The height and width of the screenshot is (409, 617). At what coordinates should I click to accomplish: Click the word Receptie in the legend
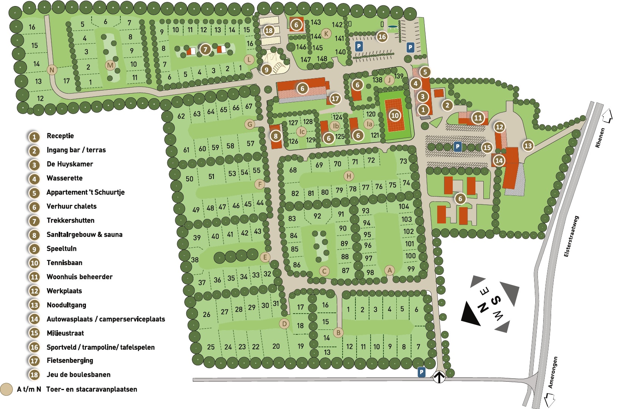point(60,136)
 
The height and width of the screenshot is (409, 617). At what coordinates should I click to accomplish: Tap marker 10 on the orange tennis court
point(395,116)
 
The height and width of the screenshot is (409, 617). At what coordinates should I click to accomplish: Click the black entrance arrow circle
point(439,377)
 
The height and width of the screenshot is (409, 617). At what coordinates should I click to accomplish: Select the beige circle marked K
point(326,33)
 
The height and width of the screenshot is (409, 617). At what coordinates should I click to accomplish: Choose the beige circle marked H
point(349,176)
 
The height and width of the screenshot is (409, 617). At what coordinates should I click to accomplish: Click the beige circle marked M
point(110,65)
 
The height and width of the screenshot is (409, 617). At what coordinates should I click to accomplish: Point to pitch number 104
point(404,206)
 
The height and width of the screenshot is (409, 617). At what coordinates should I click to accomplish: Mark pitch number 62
point(181,116)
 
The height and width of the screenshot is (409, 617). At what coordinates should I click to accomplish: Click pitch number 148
point(322,59)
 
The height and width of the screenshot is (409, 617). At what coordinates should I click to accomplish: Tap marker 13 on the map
point(528,145)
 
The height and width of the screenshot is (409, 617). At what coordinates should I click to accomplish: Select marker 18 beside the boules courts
point(269,30)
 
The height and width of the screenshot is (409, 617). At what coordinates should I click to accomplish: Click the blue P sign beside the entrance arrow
point(421,372)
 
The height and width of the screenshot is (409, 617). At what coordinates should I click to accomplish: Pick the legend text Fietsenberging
point(70,361)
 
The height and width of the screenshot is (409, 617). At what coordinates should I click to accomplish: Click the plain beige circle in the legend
point(6,389)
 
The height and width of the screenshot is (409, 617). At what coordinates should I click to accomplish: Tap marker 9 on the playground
point(266,70)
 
